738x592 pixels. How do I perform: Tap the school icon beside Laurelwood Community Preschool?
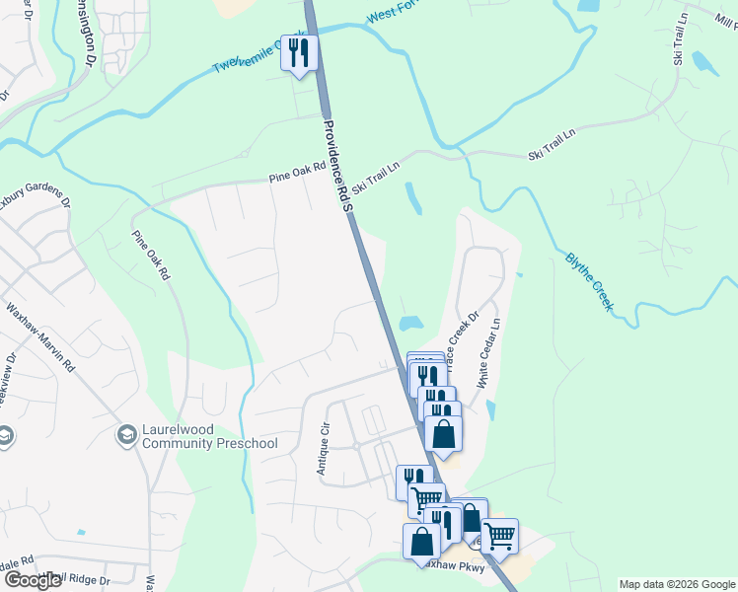coord(126,435)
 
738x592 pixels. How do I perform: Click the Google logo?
coord(32,580)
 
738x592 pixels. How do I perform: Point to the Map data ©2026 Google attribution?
coord(676,584)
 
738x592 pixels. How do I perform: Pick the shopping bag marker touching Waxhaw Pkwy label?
coord(422,544)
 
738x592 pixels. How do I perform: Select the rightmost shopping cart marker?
coord(499,536)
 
